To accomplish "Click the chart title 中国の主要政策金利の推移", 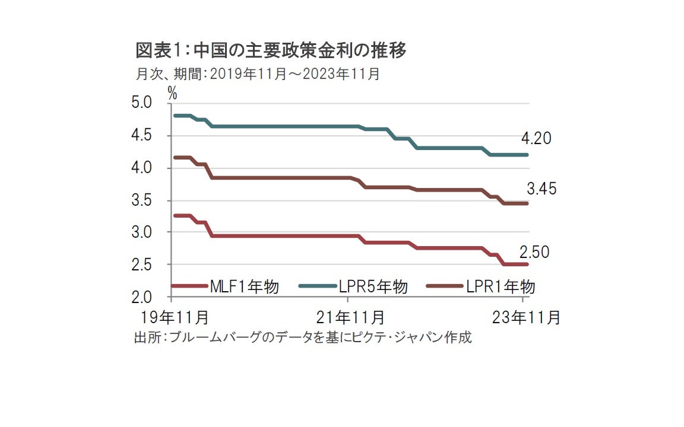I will click(x=271, y=52).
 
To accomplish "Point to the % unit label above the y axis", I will click(x=172, y=93).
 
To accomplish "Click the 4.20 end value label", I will click(x=536, y=139).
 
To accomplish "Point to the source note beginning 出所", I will click(x=303, y=338).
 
